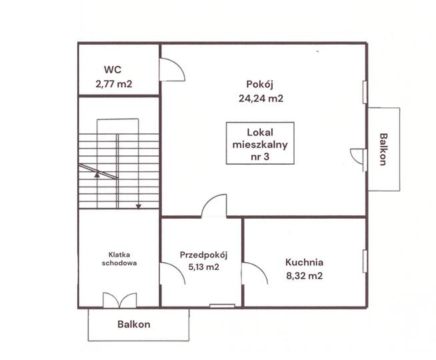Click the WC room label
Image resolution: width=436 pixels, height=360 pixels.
coord(113,69)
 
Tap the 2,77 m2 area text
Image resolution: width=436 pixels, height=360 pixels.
coord(114,84)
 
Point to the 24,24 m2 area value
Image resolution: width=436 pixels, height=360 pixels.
coord(261,99)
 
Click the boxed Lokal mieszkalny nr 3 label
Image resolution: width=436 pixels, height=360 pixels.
coord(260,143)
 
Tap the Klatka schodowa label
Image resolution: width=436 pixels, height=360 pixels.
coord(119,259)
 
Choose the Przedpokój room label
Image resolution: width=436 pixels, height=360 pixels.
coord(203,255)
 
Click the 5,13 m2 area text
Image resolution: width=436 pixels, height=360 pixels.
coord(204,267)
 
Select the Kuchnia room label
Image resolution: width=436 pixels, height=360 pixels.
coord(304,262)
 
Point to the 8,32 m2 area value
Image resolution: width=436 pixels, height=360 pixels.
coord(305,276)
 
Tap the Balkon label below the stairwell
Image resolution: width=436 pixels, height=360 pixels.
coord(134,324)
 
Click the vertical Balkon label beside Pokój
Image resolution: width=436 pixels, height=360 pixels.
coord(383,149)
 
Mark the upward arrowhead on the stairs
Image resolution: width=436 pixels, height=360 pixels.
coord(97,175)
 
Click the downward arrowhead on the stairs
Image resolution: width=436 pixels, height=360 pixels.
coord(139,207)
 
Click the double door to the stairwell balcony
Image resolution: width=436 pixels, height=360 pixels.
coord(120,300)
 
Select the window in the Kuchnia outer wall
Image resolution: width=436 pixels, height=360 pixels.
coord(365,261)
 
